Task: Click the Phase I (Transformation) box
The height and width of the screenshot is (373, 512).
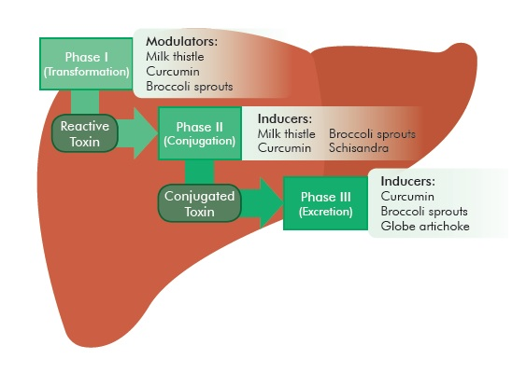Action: pyautogui.click(x=86, y=63)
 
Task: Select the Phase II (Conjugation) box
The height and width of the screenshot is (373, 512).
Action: pyautogui.click(x=200, y=133)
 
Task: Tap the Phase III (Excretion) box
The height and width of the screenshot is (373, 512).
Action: pyautogui.click(x=325, y=203)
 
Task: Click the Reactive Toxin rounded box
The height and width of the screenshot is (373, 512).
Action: pyautogui.click(x=85, y=133)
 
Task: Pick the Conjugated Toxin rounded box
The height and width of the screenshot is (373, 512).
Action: pyautogui.click(x=200, y=203)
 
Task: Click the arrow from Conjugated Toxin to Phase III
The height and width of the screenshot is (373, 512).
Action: pyautogui.click(x=263, y=203)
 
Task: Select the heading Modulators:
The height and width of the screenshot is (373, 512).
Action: pyautogui.click(x=181, y=41)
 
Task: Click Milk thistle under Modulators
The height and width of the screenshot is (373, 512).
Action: pyautogui.click(x=175, y=56)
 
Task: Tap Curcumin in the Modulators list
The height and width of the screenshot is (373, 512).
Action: pyautogui.click(x=173, y=72)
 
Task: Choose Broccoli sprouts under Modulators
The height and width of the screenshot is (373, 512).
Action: pyautogui.click(x=190, y=87)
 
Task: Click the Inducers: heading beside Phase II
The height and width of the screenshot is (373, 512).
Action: pyautogui.click(x=285, y=118)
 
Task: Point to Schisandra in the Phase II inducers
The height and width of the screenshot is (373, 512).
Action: pyautogui.click(x=359, y=148)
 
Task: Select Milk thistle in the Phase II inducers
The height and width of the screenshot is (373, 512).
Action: pyautogui.click(x=287, y=133)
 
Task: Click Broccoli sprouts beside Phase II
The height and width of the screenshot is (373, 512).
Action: pyautogui.click(x=372, y=134)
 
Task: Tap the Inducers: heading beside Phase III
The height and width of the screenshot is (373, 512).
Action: pyautogui.click(x=408, y=181)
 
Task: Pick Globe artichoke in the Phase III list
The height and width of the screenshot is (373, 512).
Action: pyautogui.click(x=425, y=226)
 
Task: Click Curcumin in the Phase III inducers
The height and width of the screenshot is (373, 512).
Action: pyautogui.click(x=407, y=196)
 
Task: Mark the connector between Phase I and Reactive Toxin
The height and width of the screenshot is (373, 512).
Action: pyautogui.click(x=85, y=102)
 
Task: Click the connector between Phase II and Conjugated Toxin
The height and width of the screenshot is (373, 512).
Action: pyautogui.click(x=200, y=173)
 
